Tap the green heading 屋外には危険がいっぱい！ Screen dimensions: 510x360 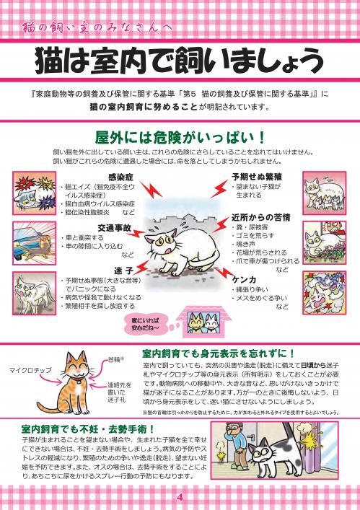point(180,136)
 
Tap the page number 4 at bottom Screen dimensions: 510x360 point(180,498)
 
